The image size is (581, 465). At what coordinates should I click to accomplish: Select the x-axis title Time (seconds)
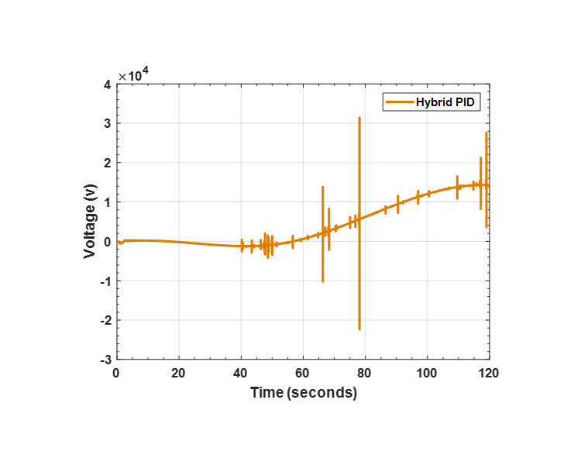coord(303,393)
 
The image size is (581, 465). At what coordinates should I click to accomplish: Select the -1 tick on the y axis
coord(105,281)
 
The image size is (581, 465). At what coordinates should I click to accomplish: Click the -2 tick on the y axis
coord(105,320)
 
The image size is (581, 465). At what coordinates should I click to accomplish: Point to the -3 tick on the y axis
coord(105,360)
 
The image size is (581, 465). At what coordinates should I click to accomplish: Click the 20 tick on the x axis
coord(179,372)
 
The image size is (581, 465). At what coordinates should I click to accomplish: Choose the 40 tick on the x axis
coord(241,372)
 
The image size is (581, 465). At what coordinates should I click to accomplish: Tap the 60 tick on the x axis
coord(303,372)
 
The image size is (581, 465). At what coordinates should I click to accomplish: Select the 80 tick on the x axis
coord(365,372)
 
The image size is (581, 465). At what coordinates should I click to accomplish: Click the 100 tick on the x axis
coord(427,372)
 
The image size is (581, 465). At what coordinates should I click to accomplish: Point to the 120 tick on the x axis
coord(489,372)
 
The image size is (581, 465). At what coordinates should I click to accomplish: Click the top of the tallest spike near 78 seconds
coord(359,118)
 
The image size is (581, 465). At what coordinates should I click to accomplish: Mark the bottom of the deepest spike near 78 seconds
coord(359,329)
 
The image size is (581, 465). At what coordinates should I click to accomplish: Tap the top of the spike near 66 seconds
coord(322,187)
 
